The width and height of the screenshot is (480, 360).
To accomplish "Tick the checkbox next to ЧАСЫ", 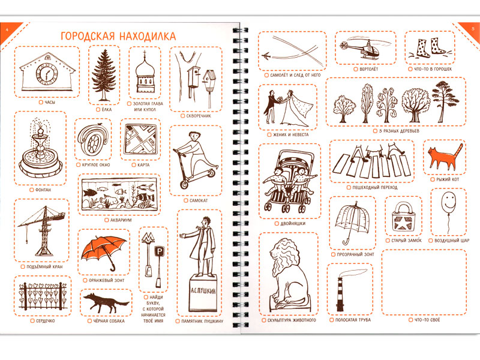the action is coord(41,102).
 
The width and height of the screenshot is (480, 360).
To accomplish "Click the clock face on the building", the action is coord(47,74).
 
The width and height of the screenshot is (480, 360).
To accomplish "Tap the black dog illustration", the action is coord(106,302).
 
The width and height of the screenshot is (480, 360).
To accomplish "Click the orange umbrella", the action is coord(104,252).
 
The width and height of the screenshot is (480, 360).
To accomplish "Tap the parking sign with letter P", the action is coord(160,252).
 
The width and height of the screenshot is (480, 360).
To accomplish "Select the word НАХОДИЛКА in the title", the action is coord(147,36).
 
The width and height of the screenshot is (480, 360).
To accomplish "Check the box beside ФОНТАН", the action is coord(31,190).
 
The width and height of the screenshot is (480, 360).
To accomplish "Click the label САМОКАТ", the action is coord(199,200).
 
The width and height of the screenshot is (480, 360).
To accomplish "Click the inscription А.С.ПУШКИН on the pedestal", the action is coord(203,290).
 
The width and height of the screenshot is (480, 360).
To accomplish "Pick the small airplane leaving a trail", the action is coord(266,56).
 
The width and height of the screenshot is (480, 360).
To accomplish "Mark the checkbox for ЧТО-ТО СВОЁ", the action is coord(410,320).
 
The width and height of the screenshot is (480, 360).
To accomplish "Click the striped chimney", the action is coord(340,295).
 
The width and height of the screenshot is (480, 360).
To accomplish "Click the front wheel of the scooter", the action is coord(185,185).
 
